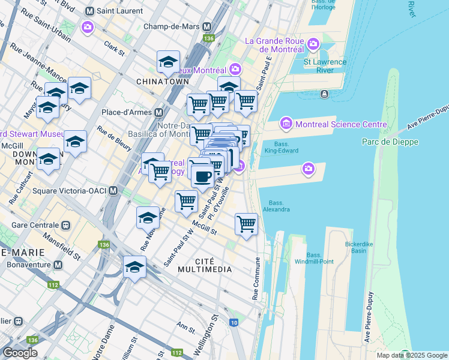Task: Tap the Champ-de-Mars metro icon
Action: tap(207, 27)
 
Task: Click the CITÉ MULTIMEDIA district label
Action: tap(205, 265)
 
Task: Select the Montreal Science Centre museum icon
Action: tap(286, 124)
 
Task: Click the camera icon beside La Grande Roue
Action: tap(313, 43)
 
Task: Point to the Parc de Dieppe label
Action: tap(390, 142)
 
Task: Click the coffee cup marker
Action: tap(203, 175)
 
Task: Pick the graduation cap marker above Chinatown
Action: tap(169, 61)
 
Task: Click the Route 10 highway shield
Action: tap(234, 323)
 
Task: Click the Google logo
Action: tap(20, 353)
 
